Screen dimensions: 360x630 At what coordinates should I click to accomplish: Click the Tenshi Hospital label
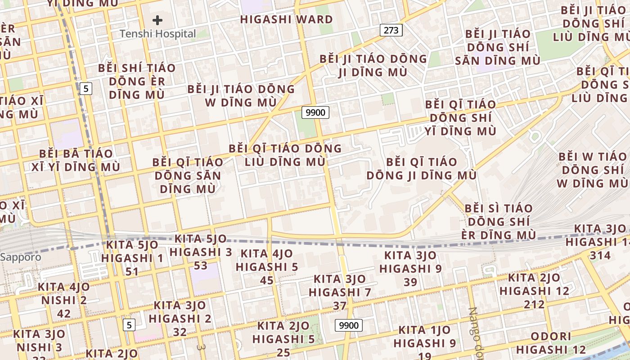(157, 34)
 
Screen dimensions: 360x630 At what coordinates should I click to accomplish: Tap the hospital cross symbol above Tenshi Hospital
(157, 20)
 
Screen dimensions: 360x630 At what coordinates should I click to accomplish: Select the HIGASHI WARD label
(286, 19)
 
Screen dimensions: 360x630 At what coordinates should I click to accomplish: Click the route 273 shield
(391, 30)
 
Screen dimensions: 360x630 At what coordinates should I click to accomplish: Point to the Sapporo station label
(21, 257)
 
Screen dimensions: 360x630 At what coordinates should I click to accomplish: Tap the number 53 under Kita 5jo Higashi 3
(201, 265)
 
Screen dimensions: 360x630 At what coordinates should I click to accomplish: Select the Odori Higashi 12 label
(551, 343)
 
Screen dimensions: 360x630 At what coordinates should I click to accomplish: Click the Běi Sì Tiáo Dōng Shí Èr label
(499, 221)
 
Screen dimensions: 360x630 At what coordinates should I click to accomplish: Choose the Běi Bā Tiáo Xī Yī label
(76, 160)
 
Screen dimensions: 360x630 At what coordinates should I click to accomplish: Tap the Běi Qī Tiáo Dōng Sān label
(188, 175)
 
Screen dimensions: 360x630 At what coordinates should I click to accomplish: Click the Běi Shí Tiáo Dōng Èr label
(137, 81)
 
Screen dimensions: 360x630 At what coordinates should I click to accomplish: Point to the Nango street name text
(476, 331)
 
